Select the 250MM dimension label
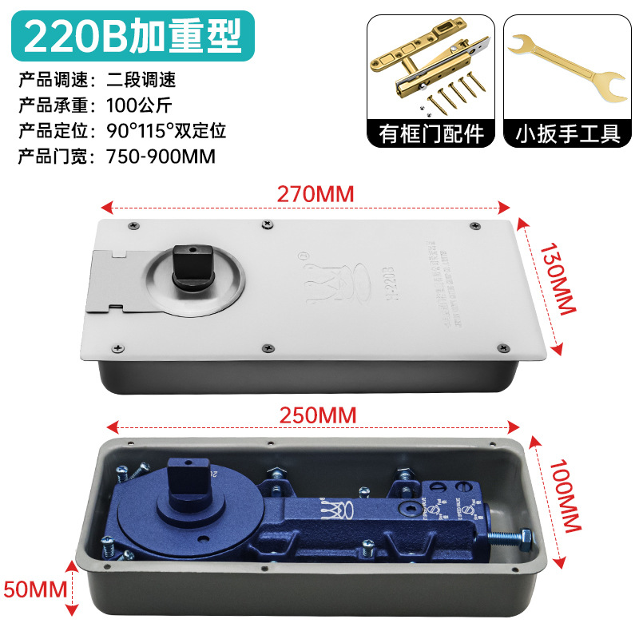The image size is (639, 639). [317, 415]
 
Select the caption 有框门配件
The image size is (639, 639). [431, 133]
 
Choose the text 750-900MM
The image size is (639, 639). [161, 157]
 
